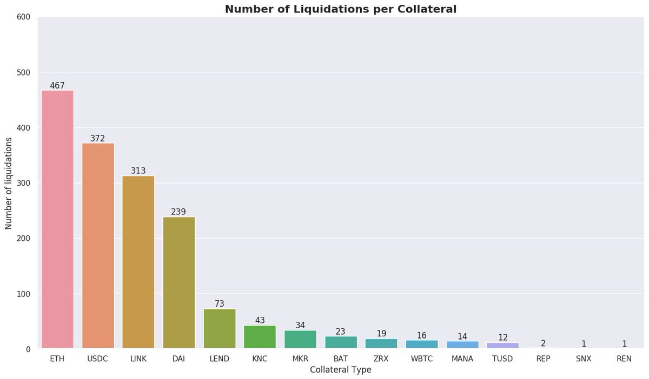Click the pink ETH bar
click(x=57, y=219)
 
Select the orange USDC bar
click(x=98, y=246)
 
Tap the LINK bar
click(x=138, y=262)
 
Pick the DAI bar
click(x=178, y=282)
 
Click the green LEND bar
click(x=219, y=328)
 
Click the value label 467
click(x=57, y=85)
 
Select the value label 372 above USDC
click(x=98, y=138)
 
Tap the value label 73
click(x=219, y=303)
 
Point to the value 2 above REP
click(x=543, y=343)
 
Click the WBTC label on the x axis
click(x=422, y=358)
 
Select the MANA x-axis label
click(x=462, y=358)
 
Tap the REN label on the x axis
click(x=624, y=358)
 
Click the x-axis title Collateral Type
click(x=341, y=370)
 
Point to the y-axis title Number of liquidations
click(x=9, y=184)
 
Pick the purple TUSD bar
click(x=502, y=346)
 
